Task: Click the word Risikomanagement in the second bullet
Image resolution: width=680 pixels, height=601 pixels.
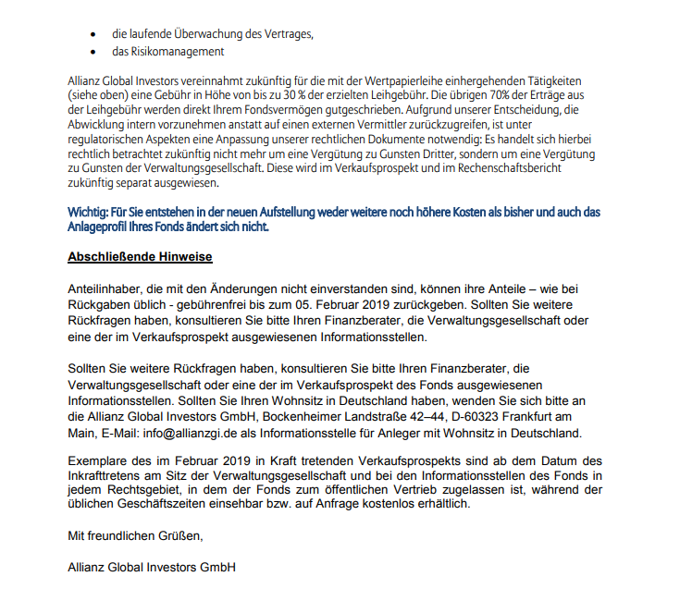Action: [176, 52]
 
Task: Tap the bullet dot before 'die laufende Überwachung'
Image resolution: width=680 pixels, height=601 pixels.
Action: [93, 34]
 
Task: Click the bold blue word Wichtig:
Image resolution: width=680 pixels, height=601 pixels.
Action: [91, 211]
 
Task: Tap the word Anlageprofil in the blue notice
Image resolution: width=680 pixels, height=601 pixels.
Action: [101, 226]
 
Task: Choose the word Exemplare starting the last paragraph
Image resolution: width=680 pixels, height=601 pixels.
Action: [99, 460]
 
